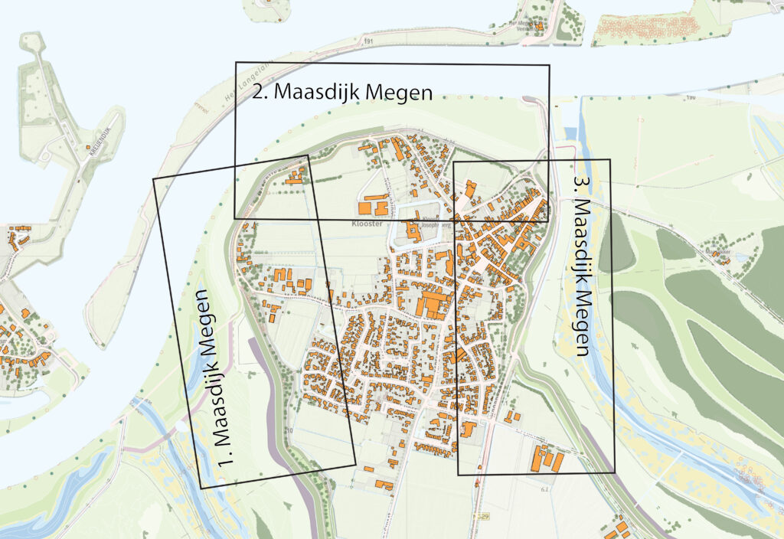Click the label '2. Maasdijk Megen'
(x=343, y=92)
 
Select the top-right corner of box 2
(x=549, y=65)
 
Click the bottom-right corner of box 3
(x=614, y=473)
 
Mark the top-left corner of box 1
(x=154, y=179)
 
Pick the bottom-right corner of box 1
(x=356, y=464)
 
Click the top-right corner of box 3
(x=610, y=160)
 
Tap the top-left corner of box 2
(x=236, y=62)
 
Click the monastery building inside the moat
(x=413, y=230)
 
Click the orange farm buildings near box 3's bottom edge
(x=547, y=459)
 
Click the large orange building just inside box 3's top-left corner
(x=469, y=188)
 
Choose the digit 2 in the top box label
(x=258, y=92)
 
